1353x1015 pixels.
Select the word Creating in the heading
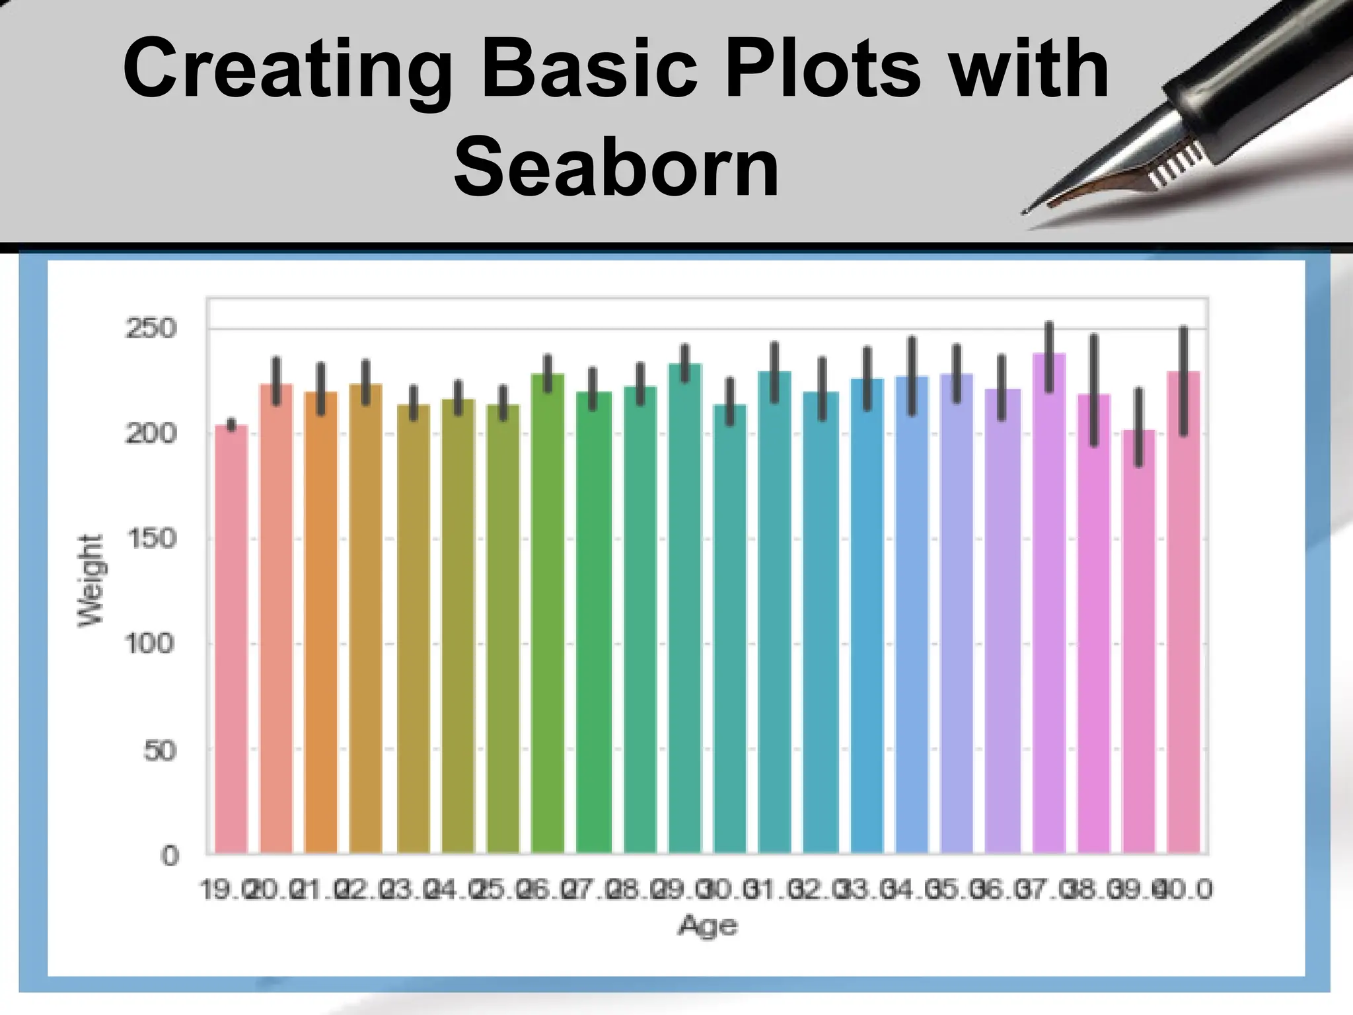(x=285, y=69)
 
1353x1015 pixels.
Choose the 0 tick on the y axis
(x=170, y=856)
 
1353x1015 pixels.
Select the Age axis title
(x=707, y=925)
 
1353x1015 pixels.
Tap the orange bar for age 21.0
(x=321, y=621)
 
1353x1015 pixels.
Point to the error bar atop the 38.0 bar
(x=1094, y=390)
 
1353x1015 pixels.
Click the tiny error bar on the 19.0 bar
(x=231, y=424)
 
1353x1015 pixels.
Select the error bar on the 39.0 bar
(x=1138, y=428)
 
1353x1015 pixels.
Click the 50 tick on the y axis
(x=160, y=750)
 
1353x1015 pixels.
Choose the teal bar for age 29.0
(x=685, y=608)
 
